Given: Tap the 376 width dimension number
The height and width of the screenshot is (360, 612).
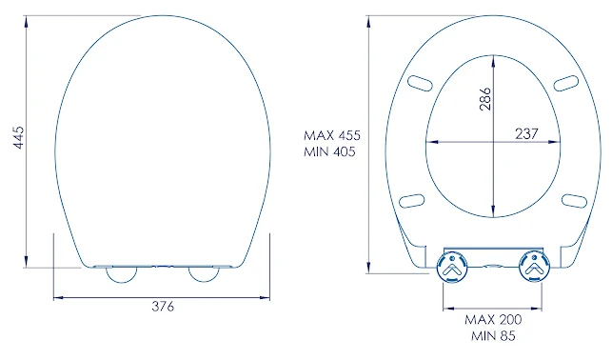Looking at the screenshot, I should point(164,307).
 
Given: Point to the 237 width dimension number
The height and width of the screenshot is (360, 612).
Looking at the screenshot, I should point(526,134).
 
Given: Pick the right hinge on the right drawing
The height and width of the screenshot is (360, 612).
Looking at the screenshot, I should point(534,269).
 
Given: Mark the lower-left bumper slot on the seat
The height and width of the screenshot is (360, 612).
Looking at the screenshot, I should point(411,200).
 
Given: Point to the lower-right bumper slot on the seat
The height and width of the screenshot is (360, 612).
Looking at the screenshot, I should point(575,200).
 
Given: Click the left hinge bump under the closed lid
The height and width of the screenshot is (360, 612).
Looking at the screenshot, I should point(121,273).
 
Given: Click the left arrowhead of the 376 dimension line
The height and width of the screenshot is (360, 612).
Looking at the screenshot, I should point(55,297).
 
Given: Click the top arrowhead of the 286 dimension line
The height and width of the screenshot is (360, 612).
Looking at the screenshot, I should point(493,60).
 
